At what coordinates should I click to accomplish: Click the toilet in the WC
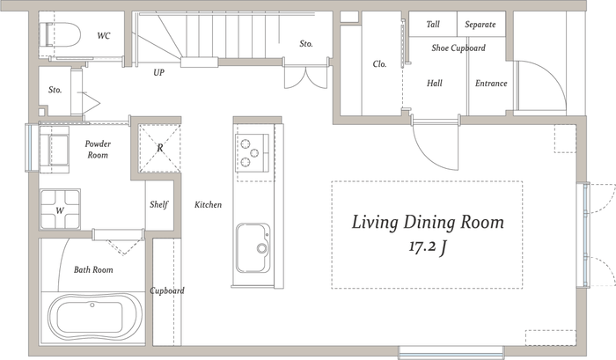[x=62, y=34]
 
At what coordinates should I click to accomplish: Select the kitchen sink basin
[x=253, y=248]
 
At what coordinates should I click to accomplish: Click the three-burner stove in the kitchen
[x=253, y=153]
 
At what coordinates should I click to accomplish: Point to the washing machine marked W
[x=60, y=209]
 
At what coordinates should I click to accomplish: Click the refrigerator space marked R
[x=160, y=148]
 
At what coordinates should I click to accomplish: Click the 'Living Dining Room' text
[x=428, y=223]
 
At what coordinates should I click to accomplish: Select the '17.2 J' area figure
[x=428, y=246]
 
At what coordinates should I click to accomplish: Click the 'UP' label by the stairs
[x=158, y=72]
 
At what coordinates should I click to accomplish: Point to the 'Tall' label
[x=433, y=25]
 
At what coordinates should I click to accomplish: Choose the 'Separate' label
[x=480, y=25]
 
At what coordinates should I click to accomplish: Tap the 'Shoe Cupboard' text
[x=458, y=48]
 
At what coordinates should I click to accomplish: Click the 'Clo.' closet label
[x=379, y=63]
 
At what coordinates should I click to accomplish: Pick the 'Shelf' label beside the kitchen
[x=158, y=204]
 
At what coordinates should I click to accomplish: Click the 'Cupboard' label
[x=167, y=290]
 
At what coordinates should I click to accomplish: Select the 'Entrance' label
[x=491, y=84]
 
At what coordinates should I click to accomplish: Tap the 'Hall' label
[x=435, y=84]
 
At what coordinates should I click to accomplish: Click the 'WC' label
[x=104, y=36]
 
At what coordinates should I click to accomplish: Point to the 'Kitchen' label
[x=209, y=205]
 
